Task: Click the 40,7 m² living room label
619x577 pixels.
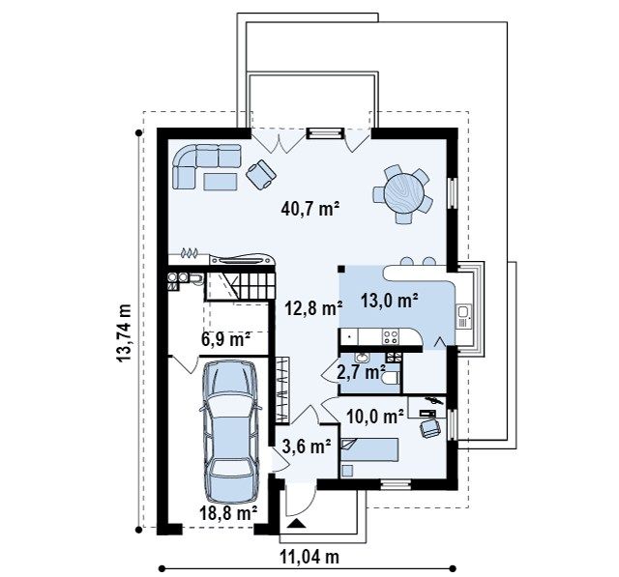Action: (x=310, y=209)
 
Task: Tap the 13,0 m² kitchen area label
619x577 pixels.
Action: (x=389, y=301)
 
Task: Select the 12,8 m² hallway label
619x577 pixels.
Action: (x=313, y=308)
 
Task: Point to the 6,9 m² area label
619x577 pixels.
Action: (x=225, y=339)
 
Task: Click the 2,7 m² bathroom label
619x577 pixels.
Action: (x=361, y=372)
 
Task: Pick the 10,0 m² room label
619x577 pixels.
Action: (x=375, y=417)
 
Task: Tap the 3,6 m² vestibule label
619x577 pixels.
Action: (x=307, y=447)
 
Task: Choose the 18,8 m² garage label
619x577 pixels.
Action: (x=228, y=513)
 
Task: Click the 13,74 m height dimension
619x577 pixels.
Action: (x=124, y=332)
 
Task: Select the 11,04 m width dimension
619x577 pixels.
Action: (x=309, y=558)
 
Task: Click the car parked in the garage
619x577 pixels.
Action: (x=230, y=432)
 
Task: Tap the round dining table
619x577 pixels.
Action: (x=404, y=194)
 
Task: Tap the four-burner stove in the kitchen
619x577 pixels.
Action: (x=391, y=336)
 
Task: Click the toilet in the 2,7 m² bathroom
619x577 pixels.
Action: (x=391, y=378)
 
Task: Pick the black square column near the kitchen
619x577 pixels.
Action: (x=341, y=269)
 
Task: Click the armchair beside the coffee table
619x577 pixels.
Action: (x=261, y=174)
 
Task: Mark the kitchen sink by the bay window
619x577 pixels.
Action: (x=463, y=316)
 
